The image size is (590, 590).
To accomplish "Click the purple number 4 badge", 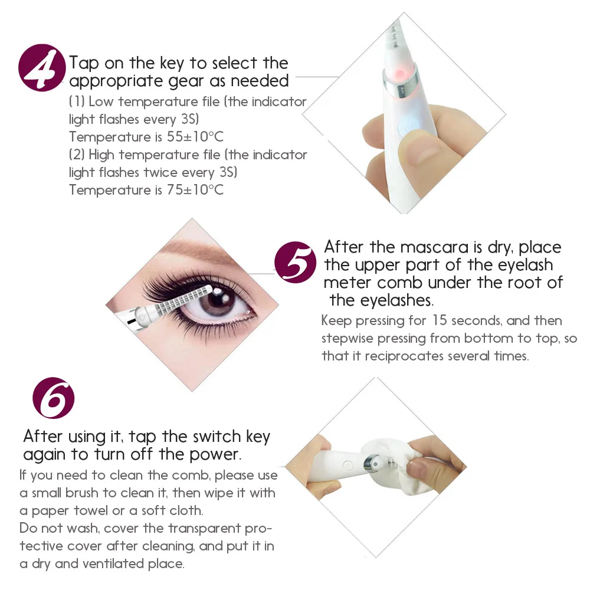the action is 42,68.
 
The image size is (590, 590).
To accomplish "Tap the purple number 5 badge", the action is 296,263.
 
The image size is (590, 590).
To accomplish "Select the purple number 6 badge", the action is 54,398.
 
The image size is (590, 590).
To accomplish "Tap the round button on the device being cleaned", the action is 349,466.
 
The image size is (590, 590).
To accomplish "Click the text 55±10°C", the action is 195,137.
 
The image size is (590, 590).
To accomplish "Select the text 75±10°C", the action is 195,189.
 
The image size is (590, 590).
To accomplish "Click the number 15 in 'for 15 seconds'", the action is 439,320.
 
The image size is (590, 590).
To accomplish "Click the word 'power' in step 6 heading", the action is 215,455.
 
